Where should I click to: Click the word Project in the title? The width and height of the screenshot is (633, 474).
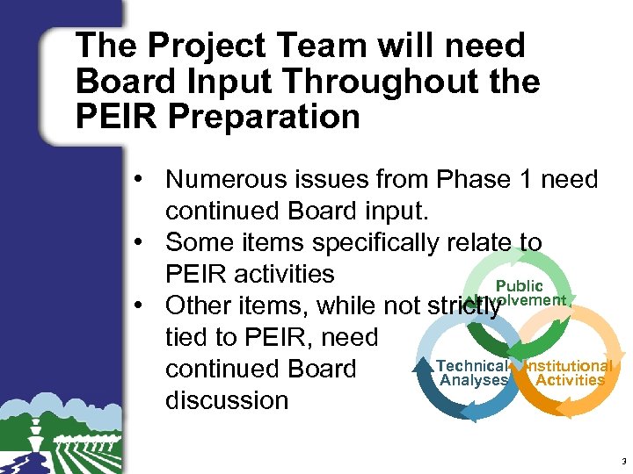pyautogui.click(x=195, y=46)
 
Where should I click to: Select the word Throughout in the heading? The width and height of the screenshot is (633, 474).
pyautogui.click(x=381, y=81)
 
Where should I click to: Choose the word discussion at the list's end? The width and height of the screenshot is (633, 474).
pyautogui.click(x=227, y=400)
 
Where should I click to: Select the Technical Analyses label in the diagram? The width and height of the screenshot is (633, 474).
pyautogui.click(x=473, y=373)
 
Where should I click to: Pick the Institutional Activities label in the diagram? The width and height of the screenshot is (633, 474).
pyautogui.click(x=571, y=373)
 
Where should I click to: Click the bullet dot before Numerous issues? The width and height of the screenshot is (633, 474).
pyautogui.click(x=141, y=180)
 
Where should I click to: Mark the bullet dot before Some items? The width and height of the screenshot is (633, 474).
pyautogui.click(x=141, y=242)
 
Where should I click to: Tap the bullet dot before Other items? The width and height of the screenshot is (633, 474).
pyautogui.click(x=141, y=305)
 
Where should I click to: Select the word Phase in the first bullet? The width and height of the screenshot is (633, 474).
pyautogui.click(x=476, y=180)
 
